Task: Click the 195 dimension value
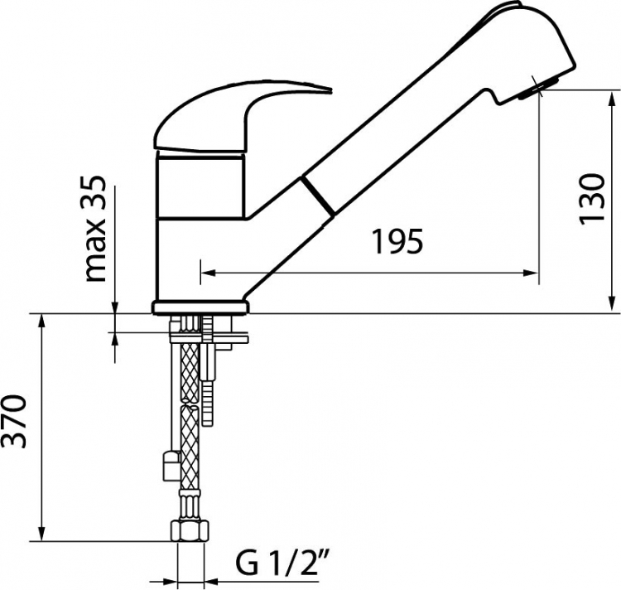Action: point(398,241)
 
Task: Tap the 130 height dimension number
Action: point(592,199)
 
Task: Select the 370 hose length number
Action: point(14,421)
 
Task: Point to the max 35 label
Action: point(96,229)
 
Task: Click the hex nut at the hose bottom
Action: point(190,531)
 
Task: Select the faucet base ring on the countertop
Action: point(200,307)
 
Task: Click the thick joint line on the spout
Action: point(317,197)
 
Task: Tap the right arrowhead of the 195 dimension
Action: point(531,273)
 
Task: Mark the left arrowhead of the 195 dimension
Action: point(209,273)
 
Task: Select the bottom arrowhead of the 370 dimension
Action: point(41,533)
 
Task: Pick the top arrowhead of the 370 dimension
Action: point(41,322)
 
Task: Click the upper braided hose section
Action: point(190,373)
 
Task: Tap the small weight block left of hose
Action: point(172,466)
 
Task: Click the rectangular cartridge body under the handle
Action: point(200,186)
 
